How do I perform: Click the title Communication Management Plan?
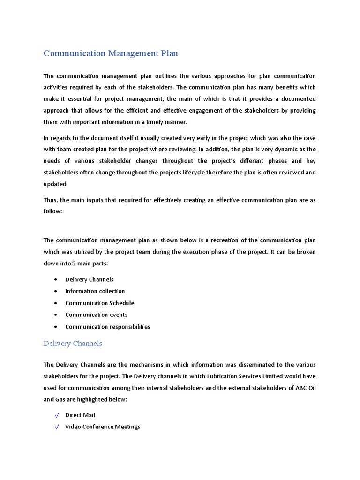[111, 53]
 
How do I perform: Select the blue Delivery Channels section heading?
[73, 344]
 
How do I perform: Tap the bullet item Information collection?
[95, 291]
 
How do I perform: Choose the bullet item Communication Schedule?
[99, 303]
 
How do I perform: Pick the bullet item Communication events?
[96, 315]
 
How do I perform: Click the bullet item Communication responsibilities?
[107, 327]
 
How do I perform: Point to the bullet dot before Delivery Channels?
[56, 279]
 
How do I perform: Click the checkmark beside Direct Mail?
[57, 415]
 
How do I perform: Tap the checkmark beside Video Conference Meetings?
[57, 427]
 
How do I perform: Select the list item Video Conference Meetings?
[103, 427]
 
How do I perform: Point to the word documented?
[295, 99]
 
